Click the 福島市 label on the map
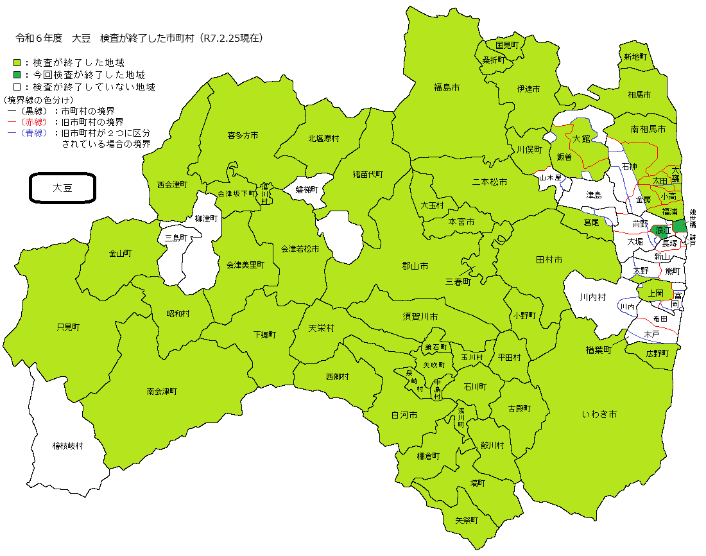pos(446,87)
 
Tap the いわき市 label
pos(600,415)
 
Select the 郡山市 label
pos(415,266)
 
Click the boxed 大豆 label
pos(62,188)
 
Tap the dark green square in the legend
pos(17,75)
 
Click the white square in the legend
pos(17,87)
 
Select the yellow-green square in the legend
pos(17,63)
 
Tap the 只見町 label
pos(68,327)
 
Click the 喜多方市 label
pos(243,135)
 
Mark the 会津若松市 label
pos(300,248)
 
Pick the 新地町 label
pos(635,56)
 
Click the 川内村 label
pos(592,297)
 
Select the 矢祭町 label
pos(467,520)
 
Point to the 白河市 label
pos(404,415)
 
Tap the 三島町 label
pos(175,238)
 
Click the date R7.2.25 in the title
pos(222,39)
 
